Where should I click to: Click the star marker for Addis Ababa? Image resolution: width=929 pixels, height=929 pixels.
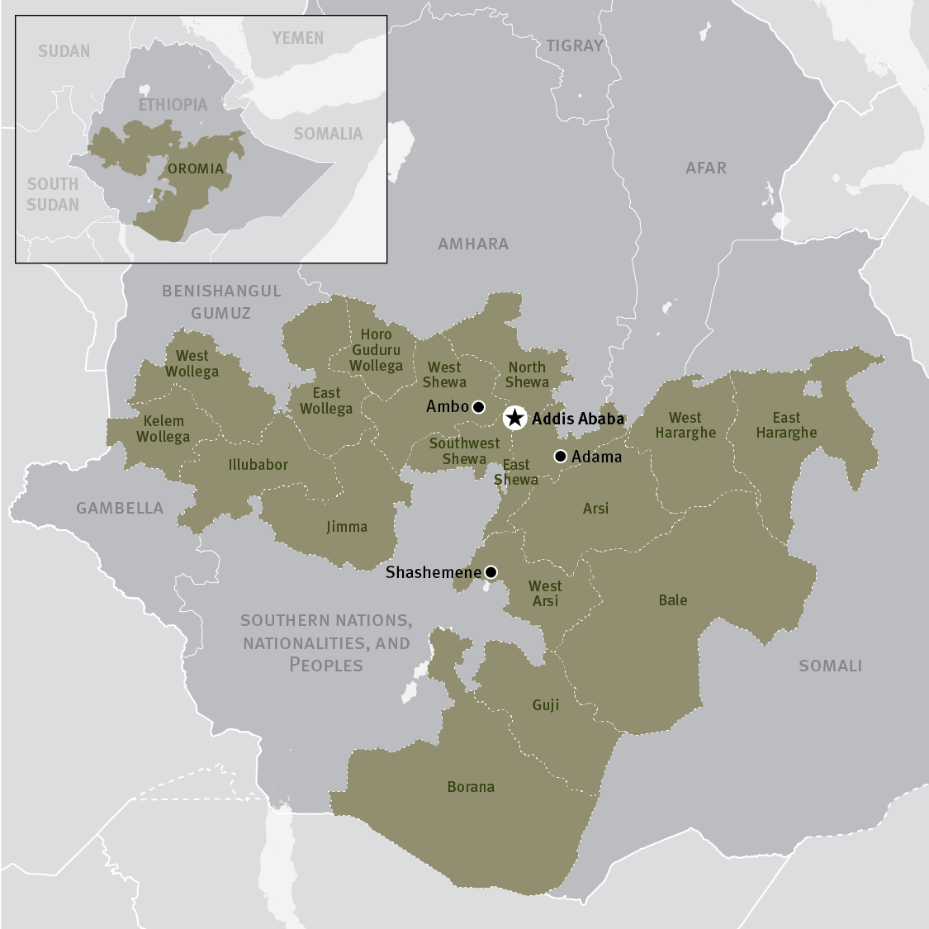click(514, 418)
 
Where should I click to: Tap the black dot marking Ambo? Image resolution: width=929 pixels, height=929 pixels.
click(478, 406)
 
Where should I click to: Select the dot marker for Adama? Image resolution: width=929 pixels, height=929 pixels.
click(560, 456)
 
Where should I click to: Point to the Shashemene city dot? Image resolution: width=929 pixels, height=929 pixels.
click(491, 571)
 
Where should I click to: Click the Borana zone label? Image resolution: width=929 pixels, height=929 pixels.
click(471, 787)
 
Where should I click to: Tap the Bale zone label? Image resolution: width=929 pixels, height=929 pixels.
click(672, 600)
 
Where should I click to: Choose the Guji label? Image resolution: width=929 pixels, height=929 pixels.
click(545, 704)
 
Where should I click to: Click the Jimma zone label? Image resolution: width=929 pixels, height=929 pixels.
click(346, 526)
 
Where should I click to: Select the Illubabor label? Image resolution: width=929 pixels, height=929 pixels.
click(258, 465)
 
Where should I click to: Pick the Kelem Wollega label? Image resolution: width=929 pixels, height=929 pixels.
click(163, 429)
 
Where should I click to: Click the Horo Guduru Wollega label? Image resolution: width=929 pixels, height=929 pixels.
click(376, 350)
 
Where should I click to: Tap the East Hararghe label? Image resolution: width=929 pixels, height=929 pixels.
click(786, 425)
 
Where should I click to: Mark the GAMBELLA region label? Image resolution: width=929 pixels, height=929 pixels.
click(120, 508)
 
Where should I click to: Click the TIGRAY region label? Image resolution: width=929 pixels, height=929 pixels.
click(575, 46)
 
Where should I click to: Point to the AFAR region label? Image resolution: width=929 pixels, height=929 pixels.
click(706, 168)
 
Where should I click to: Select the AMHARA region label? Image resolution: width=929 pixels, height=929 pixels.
click(473, 244)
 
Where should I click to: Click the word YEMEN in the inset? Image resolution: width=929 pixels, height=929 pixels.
click(298, 38)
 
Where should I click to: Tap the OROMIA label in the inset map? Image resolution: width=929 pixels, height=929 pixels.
click(196, 168)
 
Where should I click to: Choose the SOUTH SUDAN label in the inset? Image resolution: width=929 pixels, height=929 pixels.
click(53, 194)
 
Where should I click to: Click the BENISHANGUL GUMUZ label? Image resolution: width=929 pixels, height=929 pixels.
click(221, 301)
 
